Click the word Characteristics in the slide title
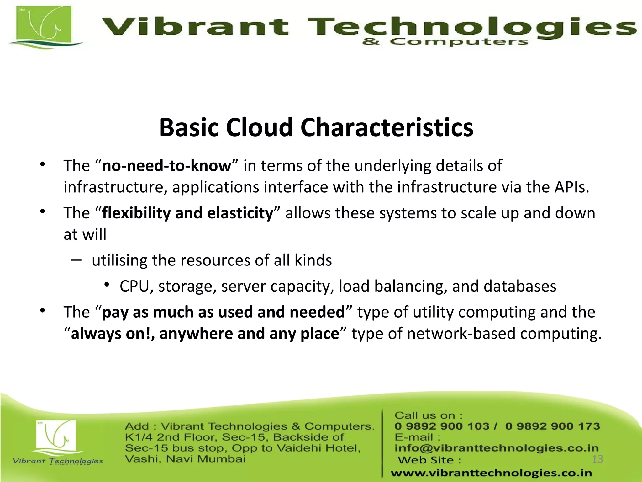pos(387,127)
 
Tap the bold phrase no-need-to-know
pos(166,166)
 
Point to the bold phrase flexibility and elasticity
pos(188,213)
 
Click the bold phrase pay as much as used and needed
pos(224,312)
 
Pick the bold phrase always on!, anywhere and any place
pos(205,334)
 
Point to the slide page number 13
pos(597,459)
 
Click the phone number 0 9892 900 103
pos(442,426)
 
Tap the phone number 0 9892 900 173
pos(552,426)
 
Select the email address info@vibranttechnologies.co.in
pos(496,448)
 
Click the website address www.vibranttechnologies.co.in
pos(491,473)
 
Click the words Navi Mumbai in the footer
pos(206,459)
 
